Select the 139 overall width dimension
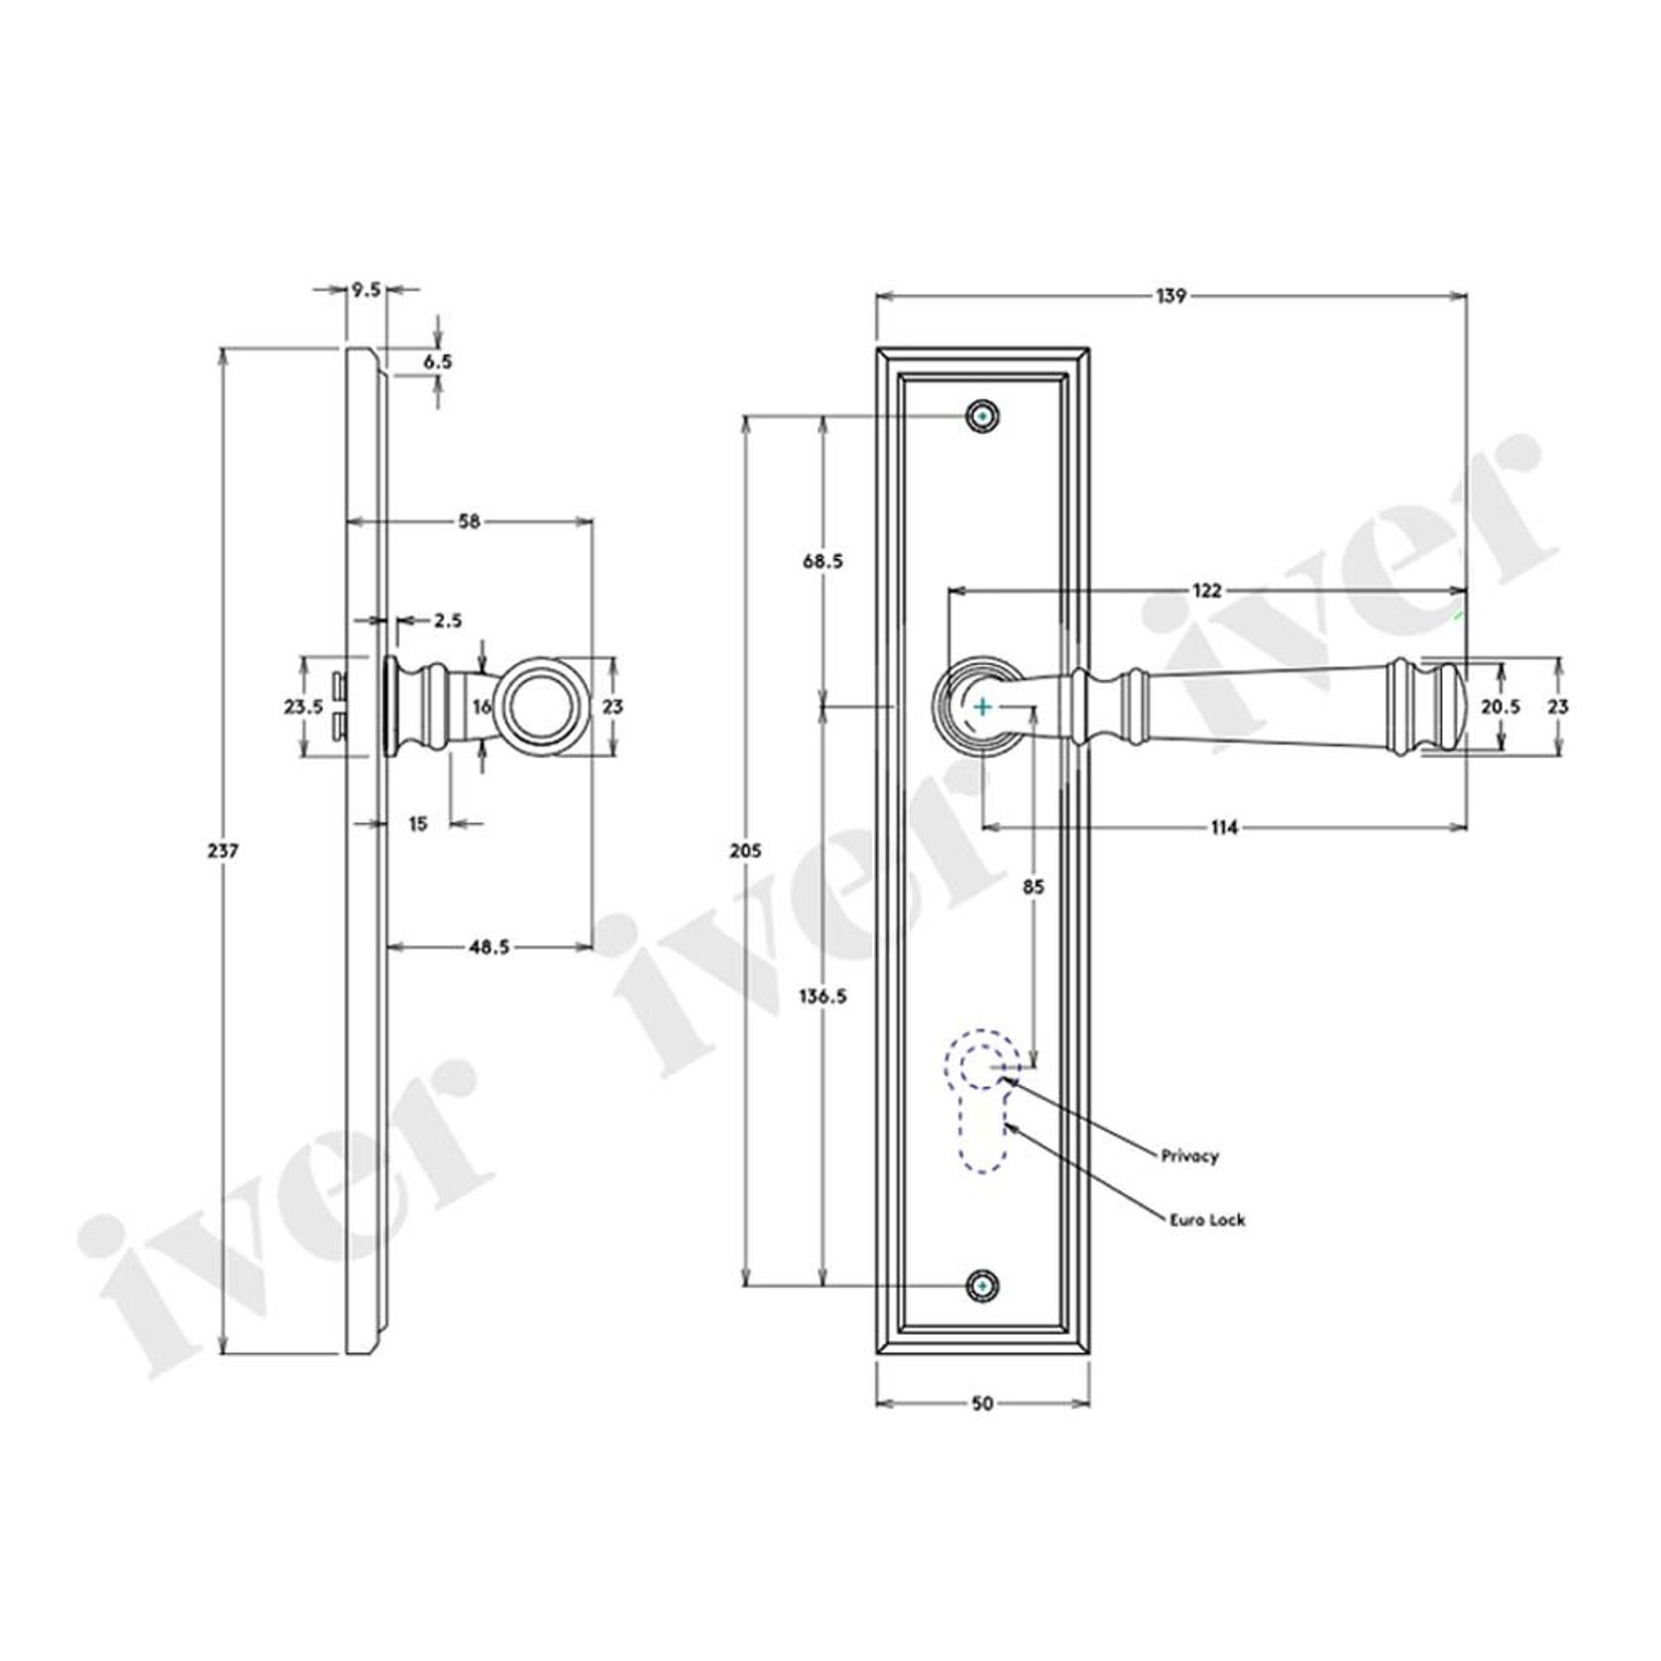tap(1170, 295)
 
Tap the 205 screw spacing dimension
tap(744, 850)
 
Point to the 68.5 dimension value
tap(823, 561)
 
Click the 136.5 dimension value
tap(823, 997)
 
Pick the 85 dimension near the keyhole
tap(1033, 887)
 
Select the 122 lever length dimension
tap(1206, 592)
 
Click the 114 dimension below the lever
tap(1225, 828)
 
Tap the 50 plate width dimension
tap(982, 1403)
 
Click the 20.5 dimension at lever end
tap(1500, 707)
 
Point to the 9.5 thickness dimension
tap(366, 289)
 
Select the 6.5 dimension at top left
tap(437, 362)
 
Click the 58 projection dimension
tap(470, 521)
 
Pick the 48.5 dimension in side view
tap(490, 946)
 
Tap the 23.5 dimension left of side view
tap(303, 707)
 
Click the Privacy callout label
tap(1190, 1156)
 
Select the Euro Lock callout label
tap(1206, 1220)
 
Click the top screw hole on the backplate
tap(982, 417)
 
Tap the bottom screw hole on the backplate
tap(982, 1285)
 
